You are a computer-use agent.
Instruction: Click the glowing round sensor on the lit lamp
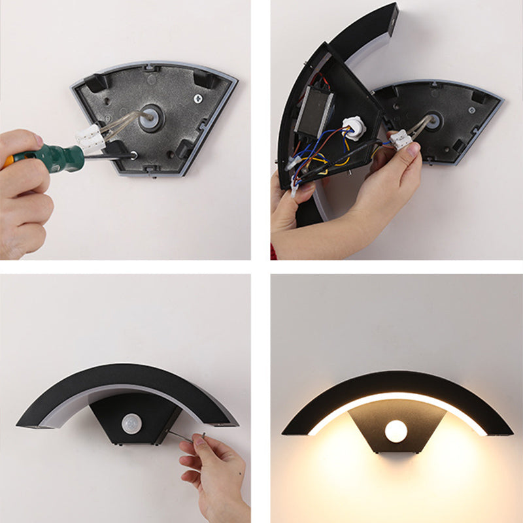(x=396, y=431)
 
